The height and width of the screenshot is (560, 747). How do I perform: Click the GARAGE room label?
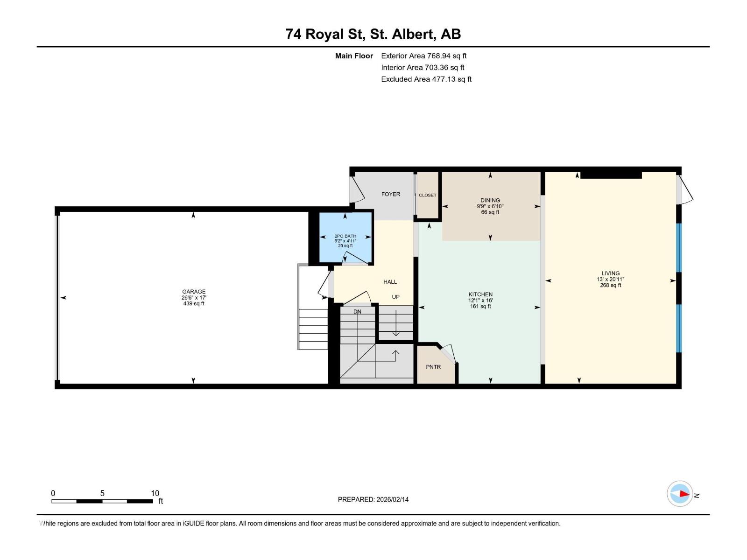[x=194, y=292]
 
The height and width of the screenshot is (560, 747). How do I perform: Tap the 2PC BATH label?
[x=345, y=236]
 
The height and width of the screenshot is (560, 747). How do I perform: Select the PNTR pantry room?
[x=433, y=367]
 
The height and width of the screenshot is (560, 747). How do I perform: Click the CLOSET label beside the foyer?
[x=427, y=195]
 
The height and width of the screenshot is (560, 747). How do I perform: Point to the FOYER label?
[x=390, y=194]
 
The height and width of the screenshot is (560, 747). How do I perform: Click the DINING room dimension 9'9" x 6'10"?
[x=490, y=206]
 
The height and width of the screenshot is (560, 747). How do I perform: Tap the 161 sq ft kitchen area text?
[x=480, y=307]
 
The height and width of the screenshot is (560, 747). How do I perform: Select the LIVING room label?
[x=610, y=273]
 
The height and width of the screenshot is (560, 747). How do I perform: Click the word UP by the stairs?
[x=395, y=297]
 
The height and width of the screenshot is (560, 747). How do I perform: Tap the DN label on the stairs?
[x=357, y=312]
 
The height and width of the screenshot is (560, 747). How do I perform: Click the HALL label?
[x=390, y=282]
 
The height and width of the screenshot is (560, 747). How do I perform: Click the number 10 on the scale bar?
[x=155, y=493]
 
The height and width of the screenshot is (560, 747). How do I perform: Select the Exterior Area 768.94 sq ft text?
[x=423, y=56]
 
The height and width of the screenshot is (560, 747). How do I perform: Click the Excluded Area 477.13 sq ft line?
[x=426, y=79]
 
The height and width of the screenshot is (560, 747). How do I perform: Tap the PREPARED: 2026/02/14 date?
[x=373, y=499]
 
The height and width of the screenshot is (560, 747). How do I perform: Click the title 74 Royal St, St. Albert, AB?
[x=373, y=34]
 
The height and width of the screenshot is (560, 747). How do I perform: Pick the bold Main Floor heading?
[x=354, y=56]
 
